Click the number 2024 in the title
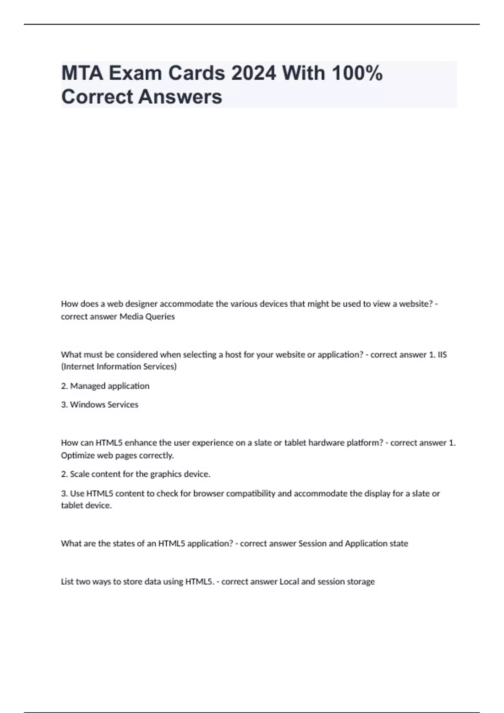click(254, 73)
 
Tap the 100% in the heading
click(357, 73)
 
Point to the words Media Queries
click(147, 317)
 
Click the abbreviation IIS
click(442, 355)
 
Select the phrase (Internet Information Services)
click(119, 367)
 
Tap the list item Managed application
click(110, 386)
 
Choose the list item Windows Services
click(104, 405)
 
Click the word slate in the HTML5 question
click(262, 443)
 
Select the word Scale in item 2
click(79, 474)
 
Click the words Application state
click(376, 544)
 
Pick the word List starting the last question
click(67, 582)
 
